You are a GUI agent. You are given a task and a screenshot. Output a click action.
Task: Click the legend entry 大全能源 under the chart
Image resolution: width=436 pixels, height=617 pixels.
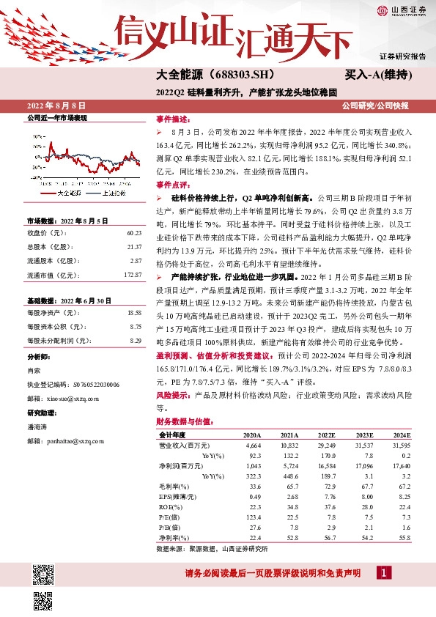[69, 193]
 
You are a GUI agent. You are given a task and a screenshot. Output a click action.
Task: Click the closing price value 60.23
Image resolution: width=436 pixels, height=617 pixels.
[133, 233]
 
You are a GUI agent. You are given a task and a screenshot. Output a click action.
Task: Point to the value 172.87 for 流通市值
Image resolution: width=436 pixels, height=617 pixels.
[132, 275]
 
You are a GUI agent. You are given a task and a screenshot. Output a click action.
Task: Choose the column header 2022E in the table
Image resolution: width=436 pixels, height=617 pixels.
[327, 435]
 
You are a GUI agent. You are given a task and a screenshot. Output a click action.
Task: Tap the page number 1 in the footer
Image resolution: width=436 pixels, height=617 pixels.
[384, 572]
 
